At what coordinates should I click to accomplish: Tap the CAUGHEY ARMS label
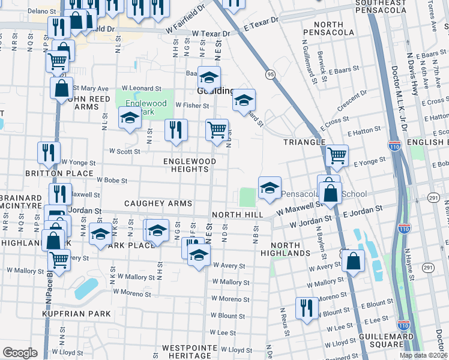[x=158, y=204]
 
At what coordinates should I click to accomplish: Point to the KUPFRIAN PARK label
[x=76, y=314]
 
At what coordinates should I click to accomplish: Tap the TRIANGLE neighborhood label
[x=305, y=142]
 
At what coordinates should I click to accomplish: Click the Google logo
[x=19, y=353]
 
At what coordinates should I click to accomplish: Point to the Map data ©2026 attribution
[x=424, y=355]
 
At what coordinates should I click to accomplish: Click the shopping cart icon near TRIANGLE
[x=337, y=155]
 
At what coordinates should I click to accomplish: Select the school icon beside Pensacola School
[x=270, y=187]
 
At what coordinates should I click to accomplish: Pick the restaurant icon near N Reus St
[x=306, y=308]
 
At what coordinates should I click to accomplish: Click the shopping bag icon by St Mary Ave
[x=61, y=88]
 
